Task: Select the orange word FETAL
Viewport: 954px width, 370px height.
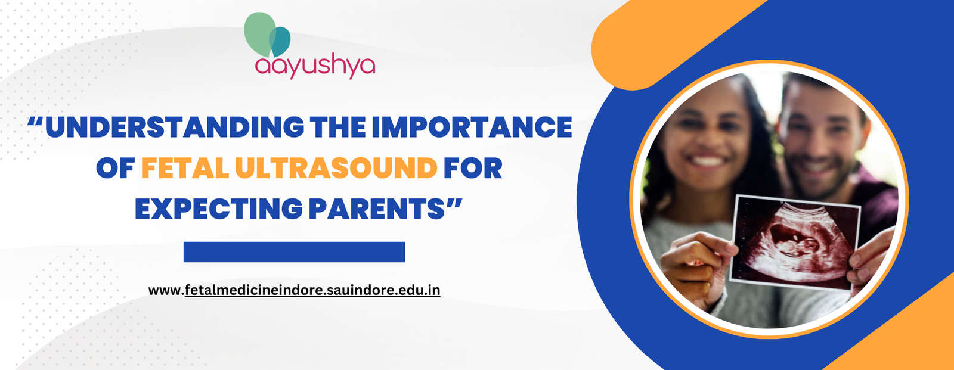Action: tap(185, 169)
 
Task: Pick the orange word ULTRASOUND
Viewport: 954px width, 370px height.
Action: tap(336, 169)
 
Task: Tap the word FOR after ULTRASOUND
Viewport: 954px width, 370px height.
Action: tap(473, 169)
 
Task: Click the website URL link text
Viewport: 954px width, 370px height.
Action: tap(295, 290)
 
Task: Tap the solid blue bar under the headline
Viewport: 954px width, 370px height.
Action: tap(294, 252)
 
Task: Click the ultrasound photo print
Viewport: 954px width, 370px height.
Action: tap(795, 242)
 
